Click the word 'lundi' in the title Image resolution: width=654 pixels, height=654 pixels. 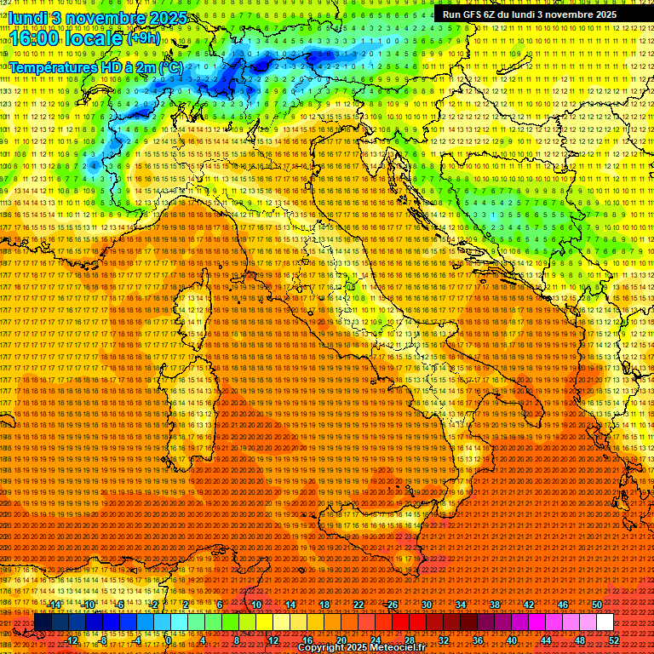pos(26,17)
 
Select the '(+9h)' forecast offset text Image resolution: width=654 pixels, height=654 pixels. pos(143,37)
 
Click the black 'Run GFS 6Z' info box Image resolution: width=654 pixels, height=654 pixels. pos(529,14)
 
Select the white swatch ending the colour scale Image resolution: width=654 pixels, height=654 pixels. pos(605,622)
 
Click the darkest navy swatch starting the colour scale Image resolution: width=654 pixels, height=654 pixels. pos(43,622)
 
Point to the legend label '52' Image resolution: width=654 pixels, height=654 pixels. pos(614,640)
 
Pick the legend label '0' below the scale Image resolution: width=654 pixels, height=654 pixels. pos(169,640)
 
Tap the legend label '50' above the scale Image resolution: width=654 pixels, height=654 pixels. pos(597,605)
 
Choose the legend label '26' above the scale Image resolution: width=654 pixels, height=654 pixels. pos(393,605)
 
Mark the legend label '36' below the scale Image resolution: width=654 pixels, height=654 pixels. pos(478,640)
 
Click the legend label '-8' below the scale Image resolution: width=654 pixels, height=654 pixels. pos(103,640)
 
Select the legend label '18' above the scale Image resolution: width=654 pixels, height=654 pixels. pos(324,605)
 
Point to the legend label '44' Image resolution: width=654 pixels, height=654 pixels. pos(546,640)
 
